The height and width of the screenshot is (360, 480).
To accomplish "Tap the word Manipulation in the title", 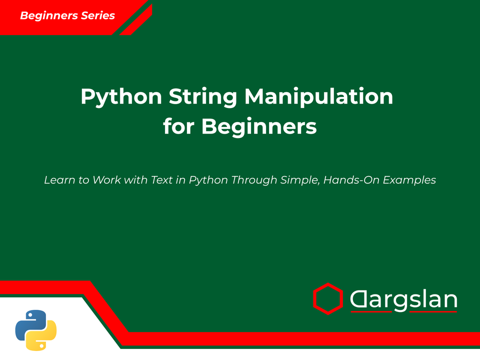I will tap(318, 97).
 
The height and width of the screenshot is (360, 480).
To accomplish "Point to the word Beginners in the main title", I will tap(259, 127).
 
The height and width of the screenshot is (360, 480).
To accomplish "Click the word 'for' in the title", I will tap(178, 127).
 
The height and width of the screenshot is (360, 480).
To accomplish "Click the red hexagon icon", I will tap(327, 298).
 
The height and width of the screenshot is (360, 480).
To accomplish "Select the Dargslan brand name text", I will tap(403, 300).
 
